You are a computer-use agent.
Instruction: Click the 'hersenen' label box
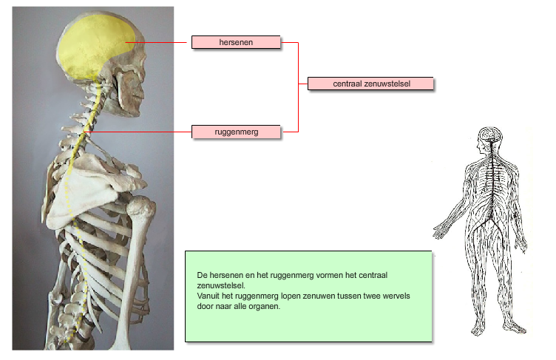(x=236, y=42)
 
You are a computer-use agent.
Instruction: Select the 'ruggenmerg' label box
(x=236, y=132)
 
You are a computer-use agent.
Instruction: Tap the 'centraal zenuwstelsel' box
(x=370, y=84)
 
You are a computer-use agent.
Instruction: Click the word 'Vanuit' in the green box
(x=208, y=296)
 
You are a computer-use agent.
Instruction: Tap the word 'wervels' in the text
(x=396, y=296)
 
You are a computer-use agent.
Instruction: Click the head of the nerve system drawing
(x=490, y=137)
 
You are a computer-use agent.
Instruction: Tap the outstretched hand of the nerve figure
(x=440, y=231)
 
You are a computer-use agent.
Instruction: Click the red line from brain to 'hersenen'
(x=156, y=43)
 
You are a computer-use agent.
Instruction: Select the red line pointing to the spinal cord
(x=138, y=132)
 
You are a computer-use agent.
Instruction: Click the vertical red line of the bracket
(x=298, y=87)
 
